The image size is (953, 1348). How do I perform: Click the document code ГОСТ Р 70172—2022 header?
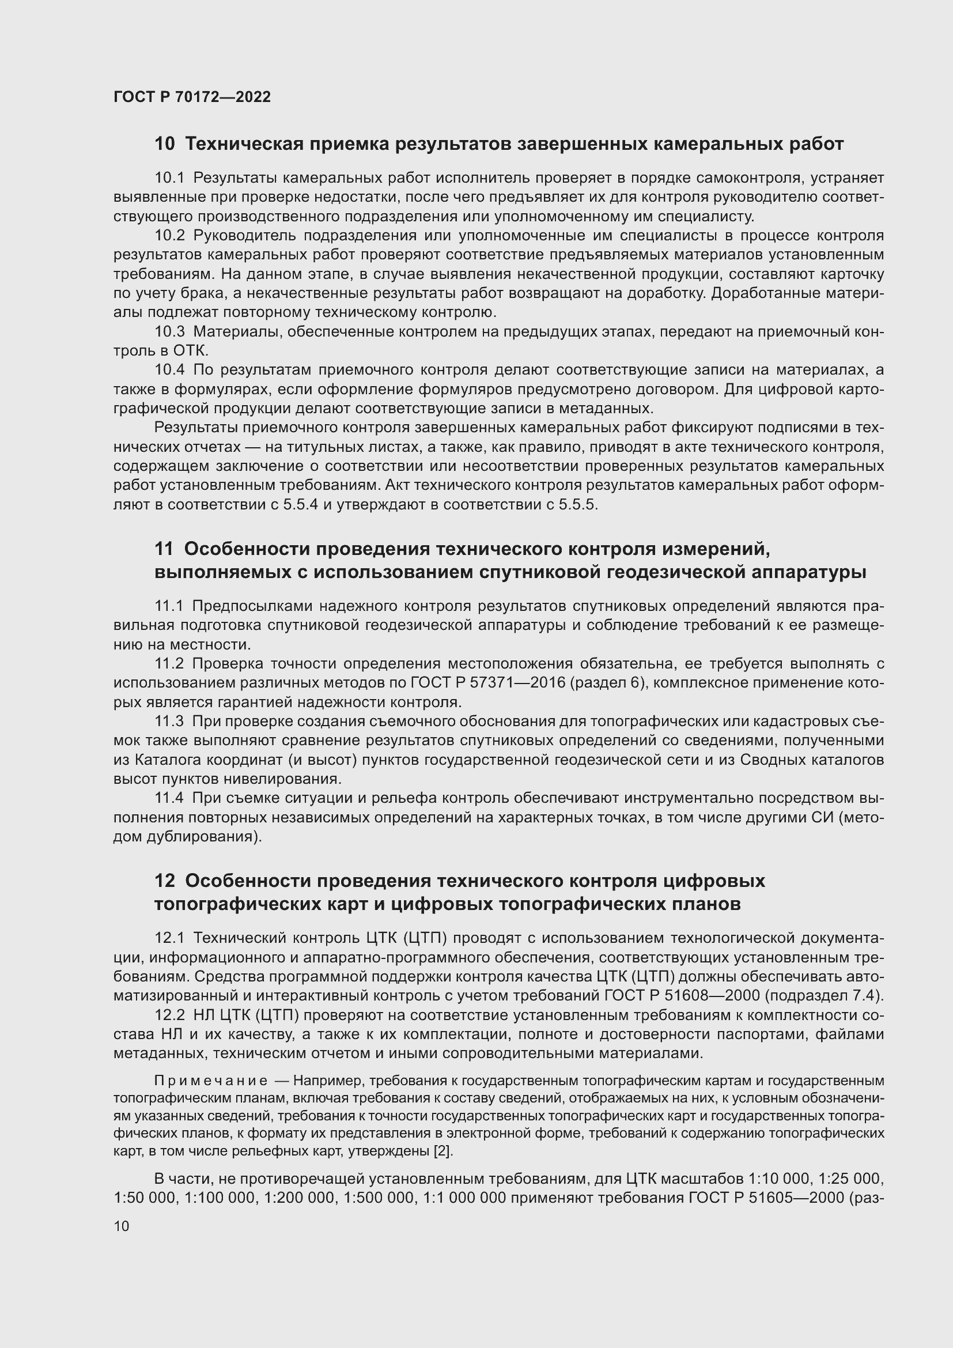[192, 97]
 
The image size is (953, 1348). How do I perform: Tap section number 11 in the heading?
[164, 549]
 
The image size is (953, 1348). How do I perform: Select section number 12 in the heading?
[164, 881]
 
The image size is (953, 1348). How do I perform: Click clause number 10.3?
[169, 332]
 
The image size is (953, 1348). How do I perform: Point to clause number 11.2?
[169, 663]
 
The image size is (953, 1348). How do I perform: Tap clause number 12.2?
[169, 1015]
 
